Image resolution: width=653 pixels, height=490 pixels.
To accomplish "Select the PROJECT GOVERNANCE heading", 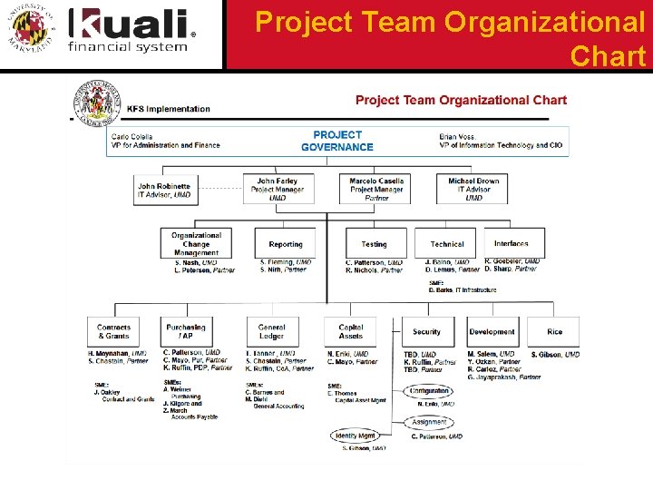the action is pos(336,141).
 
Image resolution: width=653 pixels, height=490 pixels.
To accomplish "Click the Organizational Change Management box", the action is pos(196,243).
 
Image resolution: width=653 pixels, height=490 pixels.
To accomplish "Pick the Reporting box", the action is pos(286,244).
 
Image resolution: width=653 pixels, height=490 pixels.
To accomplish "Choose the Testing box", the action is pos(374,244).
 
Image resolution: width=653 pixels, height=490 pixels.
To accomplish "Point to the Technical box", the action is pos(446,244).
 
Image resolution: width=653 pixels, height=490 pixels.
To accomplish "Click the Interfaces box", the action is pos(511,243).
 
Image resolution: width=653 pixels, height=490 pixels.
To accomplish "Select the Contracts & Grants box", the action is pos(114,331).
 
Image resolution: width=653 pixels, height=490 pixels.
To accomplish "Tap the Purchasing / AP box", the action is pos(186,331).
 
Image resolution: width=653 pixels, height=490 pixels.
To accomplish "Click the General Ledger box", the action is pos(271,331).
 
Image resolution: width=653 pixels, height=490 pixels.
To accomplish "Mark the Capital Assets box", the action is pos(351,331).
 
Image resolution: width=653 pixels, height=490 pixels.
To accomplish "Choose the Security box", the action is pos(426,332).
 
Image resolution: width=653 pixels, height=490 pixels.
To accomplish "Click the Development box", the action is pos(492,332).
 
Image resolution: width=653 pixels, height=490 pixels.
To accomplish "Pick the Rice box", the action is pos(554,332).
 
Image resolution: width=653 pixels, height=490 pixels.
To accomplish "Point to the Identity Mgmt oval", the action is pos(355,436).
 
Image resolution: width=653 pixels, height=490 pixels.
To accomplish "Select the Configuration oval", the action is pos(429,391).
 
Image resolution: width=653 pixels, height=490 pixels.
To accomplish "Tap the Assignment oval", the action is pos(429,422).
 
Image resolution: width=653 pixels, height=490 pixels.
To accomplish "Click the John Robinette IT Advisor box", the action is pos(164,190).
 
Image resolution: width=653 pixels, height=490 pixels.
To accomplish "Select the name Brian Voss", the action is pos(460,136).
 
